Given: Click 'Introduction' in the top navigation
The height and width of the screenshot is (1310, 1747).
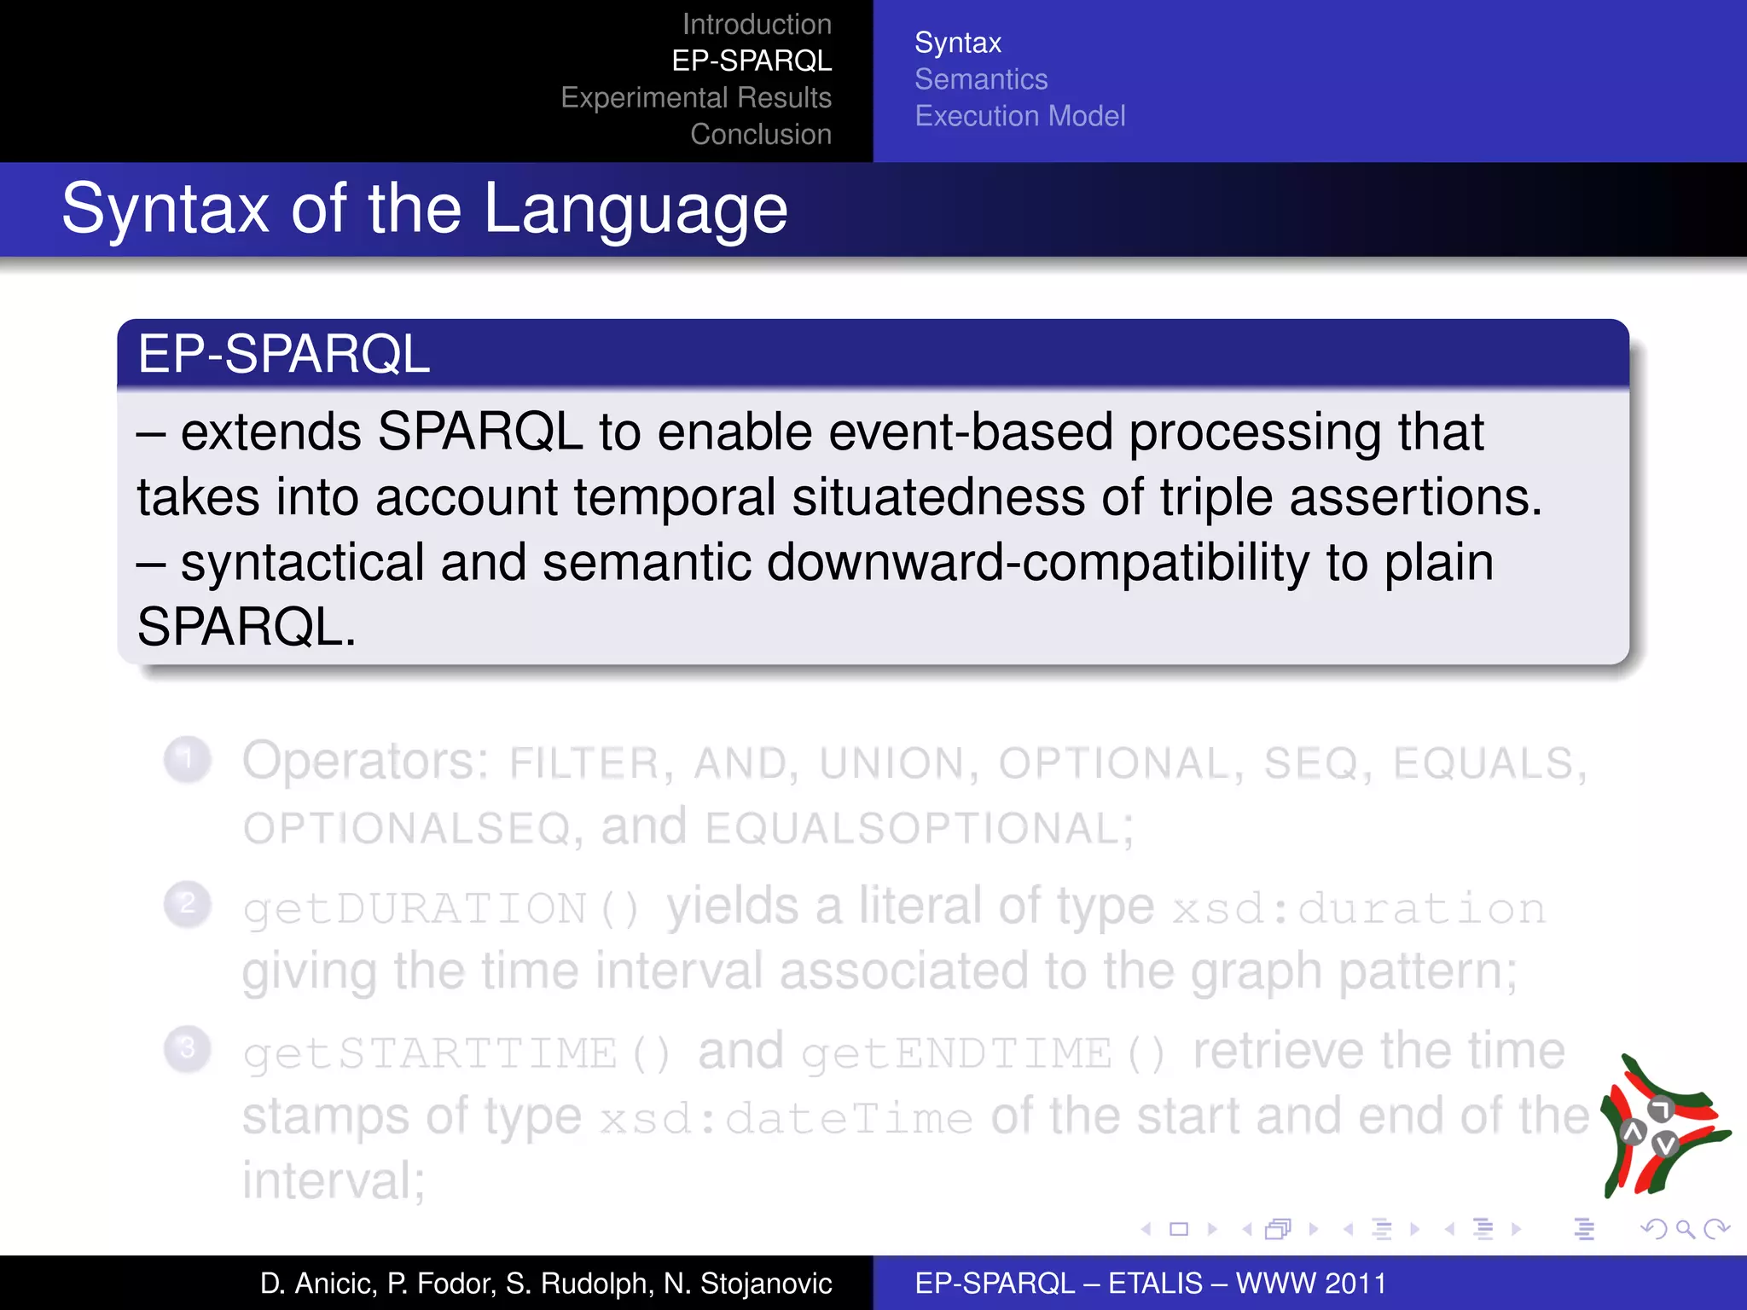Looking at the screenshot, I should tap(757, 25).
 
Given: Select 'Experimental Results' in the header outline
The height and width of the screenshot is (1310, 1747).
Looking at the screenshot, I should tap(696, 98).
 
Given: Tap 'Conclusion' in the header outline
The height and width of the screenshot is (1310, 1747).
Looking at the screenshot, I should tap(761, 135).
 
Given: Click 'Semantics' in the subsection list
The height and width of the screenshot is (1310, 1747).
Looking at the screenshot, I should tap(981, 79).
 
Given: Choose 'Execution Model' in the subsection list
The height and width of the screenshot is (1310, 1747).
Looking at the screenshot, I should tap(1020, 116).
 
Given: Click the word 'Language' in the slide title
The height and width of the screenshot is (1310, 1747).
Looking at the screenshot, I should tap(636, 209).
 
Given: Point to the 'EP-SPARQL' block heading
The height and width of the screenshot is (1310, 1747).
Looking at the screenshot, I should tap(284, 354).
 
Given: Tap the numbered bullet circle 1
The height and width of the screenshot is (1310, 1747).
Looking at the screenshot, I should tap(187, 758).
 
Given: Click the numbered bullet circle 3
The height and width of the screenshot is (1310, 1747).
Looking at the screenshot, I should tap(187, 1048).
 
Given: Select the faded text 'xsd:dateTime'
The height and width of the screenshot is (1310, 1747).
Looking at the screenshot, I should tap(786, 1119).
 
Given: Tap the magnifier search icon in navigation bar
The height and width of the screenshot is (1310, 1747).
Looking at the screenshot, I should tap(1685, 1229).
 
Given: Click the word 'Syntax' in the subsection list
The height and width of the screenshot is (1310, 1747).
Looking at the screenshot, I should tap(958, 43).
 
